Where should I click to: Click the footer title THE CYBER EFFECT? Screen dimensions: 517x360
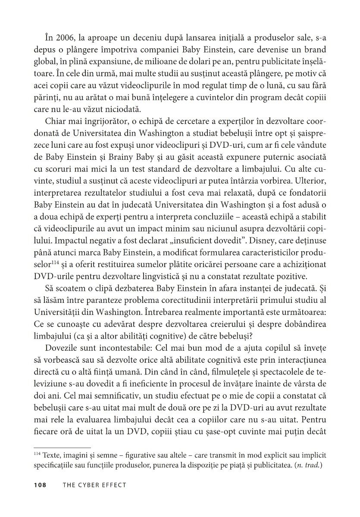point(94,485)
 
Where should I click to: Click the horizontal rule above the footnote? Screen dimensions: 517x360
point(62,448)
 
